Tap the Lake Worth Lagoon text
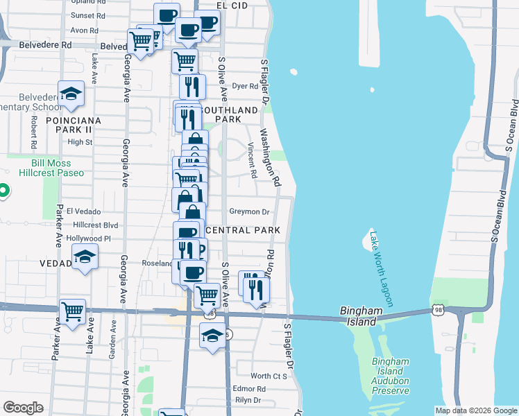(x=382, y=269)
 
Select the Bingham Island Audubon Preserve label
(x=390, y=376)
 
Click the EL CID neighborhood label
(x=232, y=4)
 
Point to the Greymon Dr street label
(x=250, y=211)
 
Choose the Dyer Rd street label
(x=245, y=87)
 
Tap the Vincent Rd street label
(x=252, y=156)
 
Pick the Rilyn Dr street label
(x=247, y=400)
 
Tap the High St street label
(x=80, y=142)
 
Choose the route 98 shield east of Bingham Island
(x=438, y=310)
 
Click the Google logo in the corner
(x=23, y=408)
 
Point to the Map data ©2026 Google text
(x=475, y=410)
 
